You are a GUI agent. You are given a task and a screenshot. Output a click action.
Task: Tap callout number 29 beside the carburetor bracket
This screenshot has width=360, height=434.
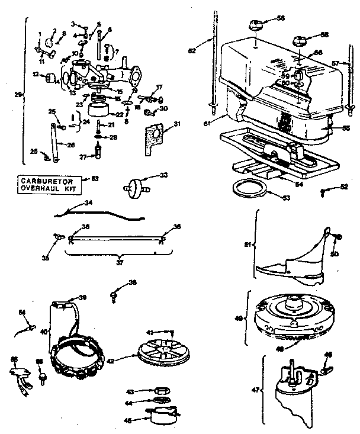click(x=18, y=94)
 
